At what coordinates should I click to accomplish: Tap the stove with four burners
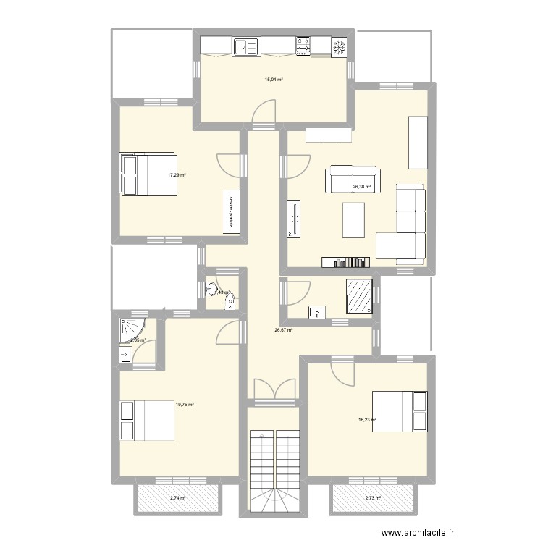point(303,47)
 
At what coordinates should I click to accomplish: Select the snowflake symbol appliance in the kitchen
point(337,47)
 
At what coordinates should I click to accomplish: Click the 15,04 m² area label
point(274,80)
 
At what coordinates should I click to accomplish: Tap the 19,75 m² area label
point(185,405)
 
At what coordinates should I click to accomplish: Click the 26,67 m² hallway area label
point(283,330)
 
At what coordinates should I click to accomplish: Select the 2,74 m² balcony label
point(177,498)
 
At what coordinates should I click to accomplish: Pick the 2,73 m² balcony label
point(373,498)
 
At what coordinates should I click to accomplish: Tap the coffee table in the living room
point(354,221)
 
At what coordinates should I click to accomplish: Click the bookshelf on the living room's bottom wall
point(347,261)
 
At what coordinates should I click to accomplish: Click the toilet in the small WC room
point(212,290)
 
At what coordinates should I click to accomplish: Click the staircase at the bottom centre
point(274,460)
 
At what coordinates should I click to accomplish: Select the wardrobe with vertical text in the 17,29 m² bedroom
point(232,213)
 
